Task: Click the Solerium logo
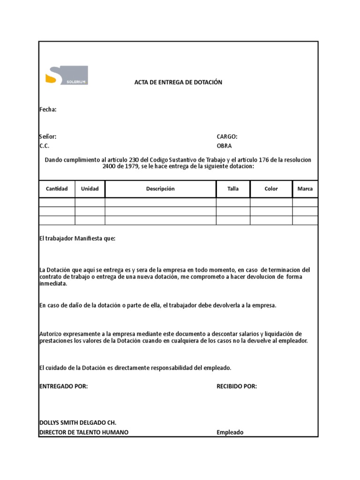click(x=66, y=75)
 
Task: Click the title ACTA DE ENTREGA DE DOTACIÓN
click(x=178, y=82)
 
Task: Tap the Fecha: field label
click(x=47, y=110)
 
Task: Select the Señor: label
click(x=47, y=137)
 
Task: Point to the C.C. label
click(x=44, y=146)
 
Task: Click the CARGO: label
click(x=227, y=137)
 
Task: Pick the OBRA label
click(x=224, y=146)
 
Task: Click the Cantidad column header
click(x=57, y=189)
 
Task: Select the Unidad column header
click(x=90, y=189)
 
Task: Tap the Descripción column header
click(x=160, y=189)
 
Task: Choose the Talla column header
click(x=233, y=189)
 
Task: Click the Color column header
click(x=271, y=189)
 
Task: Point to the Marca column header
click(x=305, y=189)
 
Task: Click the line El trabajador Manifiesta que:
click(x=77, y=239)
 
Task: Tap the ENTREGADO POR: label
click(x=63, y=386)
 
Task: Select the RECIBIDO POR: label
click(x=237, y=386)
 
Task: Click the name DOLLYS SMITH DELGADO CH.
click(x=78, y=423)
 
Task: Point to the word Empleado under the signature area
click(x=230, y=432)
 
